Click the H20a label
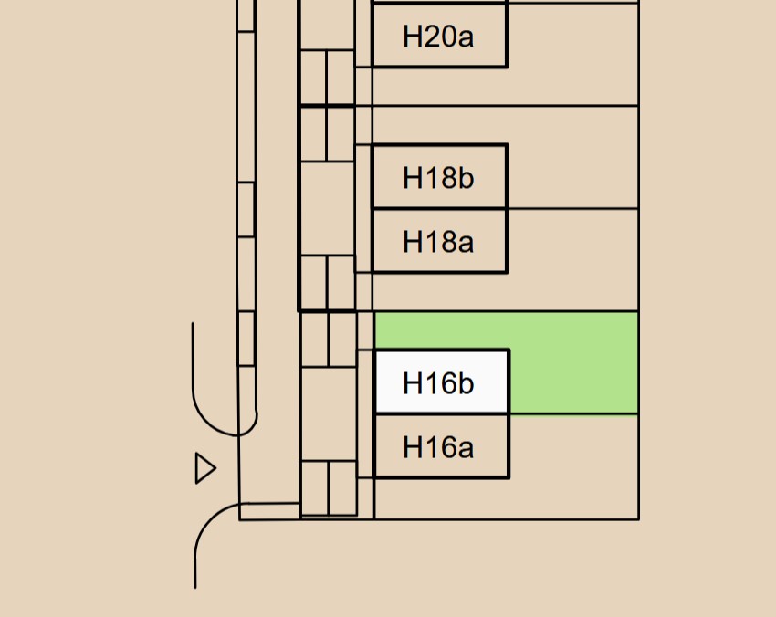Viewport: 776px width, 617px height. pos(438,37)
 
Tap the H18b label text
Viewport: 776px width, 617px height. pos(438,177)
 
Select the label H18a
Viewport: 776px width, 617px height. pos(438,242)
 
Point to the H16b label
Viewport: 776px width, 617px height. pos(438,383)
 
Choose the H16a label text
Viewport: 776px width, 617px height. pos(438,448)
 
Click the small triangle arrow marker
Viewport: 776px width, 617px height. pos(205,468)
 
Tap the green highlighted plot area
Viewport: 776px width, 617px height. pos(573,363)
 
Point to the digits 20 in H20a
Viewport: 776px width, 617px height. pos(437,37)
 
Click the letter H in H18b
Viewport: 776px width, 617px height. pos(412,177)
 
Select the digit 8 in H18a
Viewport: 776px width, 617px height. pos(446,242)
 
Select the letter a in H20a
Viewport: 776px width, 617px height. pos(466,38)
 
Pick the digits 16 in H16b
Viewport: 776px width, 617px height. pos(437,383)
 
